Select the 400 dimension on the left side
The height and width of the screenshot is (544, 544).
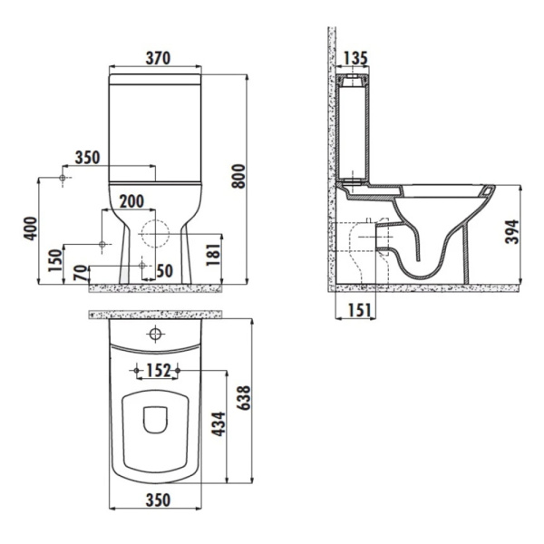(32, 229)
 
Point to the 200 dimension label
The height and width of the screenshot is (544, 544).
(132, 201)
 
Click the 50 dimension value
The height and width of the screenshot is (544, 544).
(163, 270)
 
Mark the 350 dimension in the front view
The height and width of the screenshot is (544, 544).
(87, 157)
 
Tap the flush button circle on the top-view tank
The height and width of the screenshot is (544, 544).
(155, 335)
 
